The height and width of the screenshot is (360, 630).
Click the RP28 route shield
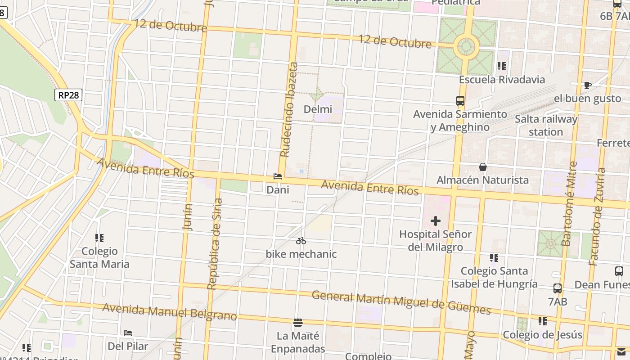coord(69,95)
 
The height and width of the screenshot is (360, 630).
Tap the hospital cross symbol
coord(435,221)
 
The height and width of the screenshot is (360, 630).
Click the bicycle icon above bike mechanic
coord(301,241)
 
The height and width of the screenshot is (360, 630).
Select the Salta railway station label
coord(546,126)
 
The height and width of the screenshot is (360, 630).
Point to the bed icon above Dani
coord(278,176)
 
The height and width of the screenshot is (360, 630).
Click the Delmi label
coord(318,109)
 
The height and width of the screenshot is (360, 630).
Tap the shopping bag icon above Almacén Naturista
coord(483,167)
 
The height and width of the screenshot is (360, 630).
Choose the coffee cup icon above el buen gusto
coord(587,85)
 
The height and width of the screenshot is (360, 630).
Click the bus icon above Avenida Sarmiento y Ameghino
coord(460,101)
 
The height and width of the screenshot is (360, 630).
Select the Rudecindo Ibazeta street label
coord(289,109)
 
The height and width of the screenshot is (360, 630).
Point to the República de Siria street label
coord(215,243)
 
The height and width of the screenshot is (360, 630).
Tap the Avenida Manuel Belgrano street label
coord(169,312)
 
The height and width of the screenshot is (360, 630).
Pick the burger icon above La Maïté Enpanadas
coord(297,322)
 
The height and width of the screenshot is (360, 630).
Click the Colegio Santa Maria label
coord(99,257)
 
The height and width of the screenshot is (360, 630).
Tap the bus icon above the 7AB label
coord(557,288)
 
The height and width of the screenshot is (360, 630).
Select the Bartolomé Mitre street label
coord(569,203)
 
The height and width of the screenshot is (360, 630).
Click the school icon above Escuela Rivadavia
coord(502,67)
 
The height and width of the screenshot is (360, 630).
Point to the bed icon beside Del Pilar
coord(128,333)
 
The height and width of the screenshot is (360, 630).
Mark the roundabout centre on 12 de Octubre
coord(466,46)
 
